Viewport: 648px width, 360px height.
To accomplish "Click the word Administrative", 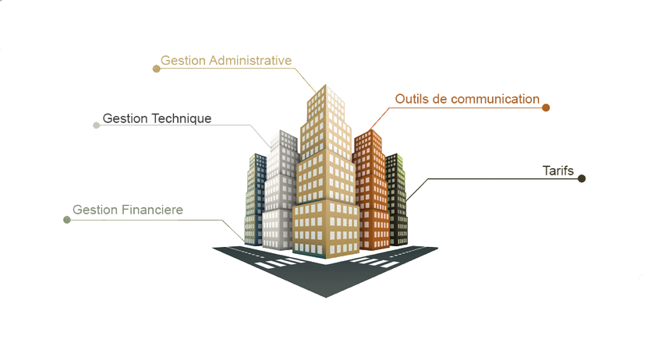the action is [250, 60].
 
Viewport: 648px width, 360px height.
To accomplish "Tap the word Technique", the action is [181, 119].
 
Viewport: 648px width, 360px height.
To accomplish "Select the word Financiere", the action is [152, 210].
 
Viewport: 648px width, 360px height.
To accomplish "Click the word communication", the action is [495, 99].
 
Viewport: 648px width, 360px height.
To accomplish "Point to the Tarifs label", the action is [558, 171].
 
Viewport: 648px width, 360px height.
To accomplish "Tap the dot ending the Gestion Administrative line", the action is [156, 69].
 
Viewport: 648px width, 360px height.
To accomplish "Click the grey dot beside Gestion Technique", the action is [96, 125].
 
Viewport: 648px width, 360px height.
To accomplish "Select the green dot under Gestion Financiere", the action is [67, 220].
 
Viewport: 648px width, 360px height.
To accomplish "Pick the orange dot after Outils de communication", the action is [546, 108].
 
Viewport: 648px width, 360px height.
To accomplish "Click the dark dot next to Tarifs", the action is [582, 178].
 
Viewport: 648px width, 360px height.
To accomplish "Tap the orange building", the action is [371, 190].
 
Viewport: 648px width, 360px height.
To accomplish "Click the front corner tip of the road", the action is [326, 297].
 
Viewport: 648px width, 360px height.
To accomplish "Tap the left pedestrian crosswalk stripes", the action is [280, 263].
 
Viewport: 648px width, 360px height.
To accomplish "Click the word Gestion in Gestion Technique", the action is [125, 119].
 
